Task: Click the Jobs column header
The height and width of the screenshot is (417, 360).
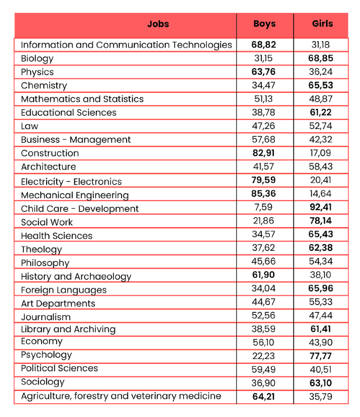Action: click(158, 24)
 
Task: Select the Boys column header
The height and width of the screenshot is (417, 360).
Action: click(265, 24)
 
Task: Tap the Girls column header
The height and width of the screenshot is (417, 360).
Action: click(322, 24)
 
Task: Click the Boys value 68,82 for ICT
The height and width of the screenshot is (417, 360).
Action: click(265, 45)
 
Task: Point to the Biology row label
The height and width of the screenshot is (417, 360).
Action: click(37, 59)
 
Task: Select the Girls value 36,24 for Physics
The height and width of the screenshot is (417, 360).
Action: click(322, 72)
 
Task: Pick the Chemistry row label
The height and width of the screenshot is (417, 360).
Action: click(44, 86)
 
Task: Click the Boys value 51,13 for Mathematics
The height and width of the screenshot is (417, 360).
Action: click(265, 99)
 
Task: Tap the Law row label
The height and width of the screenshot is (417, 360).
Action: click(30, 126)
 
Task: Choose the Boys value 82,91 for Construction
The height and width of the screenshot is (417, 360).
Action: click(265, 153)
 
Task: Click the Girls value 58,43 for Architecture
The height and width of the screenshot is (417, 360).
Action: click(322, 166)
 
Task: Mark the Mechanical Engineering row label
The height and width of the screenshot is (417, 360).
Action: click(75, 195)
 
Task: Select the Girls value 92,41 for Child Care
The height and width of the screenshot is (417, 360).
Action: click(322, 208)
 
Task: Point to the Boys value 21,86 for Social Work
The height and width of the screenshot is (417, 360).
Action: click(265, 221)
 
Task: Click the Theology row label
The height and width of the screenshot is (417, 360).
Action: click(42, 250)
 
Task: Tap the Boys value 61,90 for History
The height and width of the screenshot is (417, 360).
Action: click(265, 275)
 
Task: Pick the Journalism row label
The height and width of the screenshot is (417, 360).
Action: click(46, 317)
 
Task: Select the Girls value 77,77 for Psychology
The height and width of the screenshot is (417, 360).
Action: click(322, 355)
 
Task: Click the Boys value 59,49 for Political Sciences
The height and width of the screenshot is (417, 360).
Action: click(265, 369)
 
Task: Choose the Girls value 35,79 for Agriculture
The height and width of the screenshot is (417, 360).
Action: click(322, 396)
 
